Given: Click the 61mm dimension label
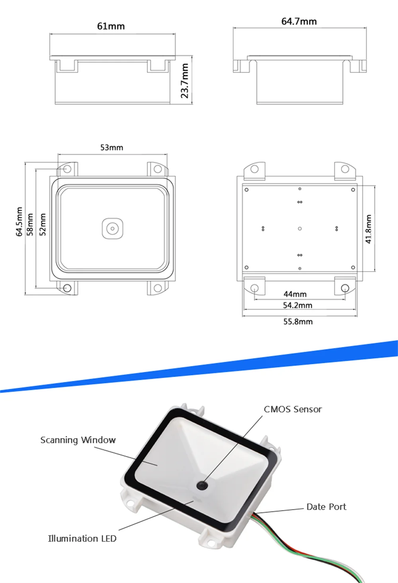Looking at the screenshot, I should [111, 26].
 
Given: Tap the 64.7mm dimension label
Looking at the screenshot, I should [299, 21].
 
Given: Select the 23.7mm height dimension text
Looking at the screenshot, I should [185, 81].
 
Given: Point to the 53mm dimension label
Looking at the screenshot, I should [111, 148].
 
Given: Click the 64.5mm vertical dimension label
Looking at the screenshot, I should [19, 222].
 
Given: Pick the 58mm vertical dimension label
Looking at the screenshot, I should [30, 225].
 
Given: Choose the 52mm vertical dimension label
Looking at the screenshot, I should [43, 225].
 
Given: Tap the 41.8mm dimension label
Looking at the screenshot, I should [369, 229].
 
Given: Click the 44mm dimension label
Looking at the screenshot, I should [295, 294].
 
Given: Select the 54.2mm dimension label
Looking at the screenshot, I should [297, 305].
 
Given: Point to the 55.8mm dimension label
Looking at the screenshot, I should [298, 321].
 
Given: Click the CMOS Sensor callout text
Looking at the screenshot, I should [293, 409].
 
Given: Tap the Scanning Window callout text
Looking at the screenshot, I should [78, 440].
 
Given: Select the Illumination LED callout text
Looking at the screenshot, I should [82, 538].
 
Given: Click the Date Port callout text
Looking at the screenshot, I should [326, 507].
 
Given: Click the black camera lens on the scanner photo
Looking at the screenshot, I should [203, 485].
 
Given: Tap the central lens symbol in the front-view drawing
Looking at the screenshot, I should [112, 229].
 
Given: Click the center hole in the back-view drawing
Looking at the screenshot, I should [300, 229].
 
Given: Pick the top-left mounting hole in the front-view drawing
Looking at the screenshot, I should [67, 169].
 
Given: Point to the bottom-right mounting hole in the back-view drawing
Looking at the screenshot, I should [345, 288].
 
